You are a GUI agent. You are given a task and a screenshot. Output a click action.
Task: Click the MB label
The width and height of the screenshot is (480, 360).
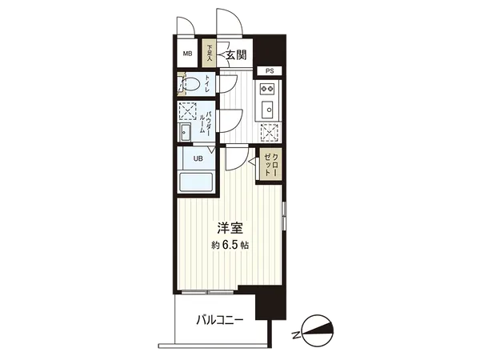tap(187, 54)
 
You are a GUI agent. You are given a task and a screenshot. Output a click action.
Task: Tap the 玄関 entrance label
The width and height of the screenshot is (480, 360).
tap(235, 54)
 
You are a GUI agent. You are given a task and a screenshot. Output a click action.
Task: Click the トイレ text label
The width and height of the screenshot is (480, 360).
tap(208, 82)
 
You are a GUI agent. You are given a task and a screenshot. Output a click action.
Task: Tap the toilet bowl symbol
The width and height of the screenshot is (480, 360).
tap(191, 83)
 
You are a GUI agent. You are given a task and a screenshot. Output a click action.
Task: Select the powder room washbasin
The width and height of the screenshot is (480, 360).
tap(186, 132)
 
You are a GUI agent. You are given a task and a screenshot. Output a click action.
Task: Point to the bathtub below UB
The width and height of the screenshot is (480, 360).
tap(196, 182)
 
